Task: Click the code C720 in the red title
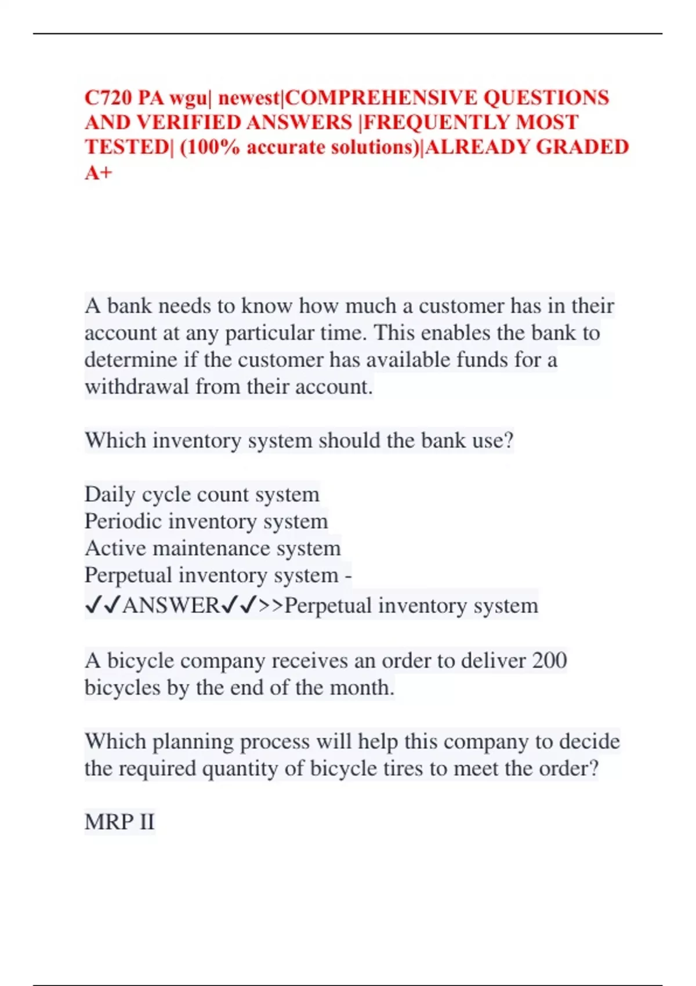pyautogui.click(x=108, y=98)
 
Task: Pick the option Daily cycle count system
pyautogui.click(x=202, y=494)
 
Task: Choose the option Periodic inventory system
pyautogui.click(x=206, y=521)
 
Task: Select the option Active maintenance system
pyautogui.click(x=212, y=548)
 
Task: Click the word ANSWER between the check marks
pyautogui.click(x=171, y=606)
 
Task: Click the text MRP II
pyautogui.click(x=119, y=822)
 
